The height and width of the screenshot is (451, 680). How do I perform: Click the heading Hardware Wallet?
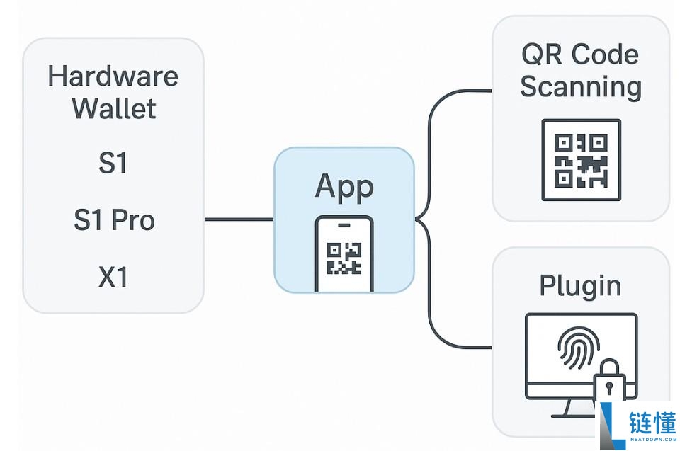[x=113, y=92]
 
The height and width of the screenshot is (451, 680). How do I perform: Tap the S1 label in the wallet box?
[x=113, y=164]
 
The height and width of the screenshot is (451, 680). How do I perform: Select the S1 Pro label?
[x=113, y=220]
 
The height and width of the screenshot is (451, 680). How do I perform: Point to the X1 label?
[x=113, y=277]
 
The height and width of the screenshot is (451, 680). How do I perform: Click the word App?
[x=344, y=186]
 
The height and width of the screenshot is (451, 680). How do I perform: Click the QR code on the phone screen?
[x=344, y=258]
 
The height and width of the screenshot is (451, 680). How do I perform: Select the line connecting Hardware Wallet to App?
[x=239, y=219]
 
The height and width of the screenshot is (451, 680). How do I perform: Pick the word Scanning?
[x=581, y=87]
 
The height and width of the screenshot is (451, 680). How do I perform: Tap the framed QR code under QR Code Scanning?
[x=581, y=160]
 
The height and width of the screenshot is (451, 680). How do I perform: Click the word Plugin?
[x=581, y=285]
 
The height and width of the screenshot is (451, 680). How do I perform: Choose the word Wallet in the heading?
[x=113, y=108]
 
